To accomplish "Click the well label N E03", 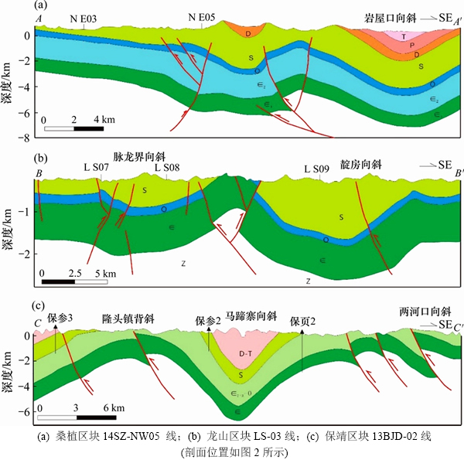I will pyautogui.click(x=84, y=16).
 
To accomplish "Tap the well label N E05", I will pyautogui.click(x=204, y=16).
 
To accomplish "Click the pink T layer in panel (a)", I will pyautogui.click(x=403, y=36).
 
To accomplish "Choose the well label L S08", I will pyautogui.click(x=167, y=167).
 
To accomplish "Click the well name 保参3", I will pyautogui.click(x=60, y=318).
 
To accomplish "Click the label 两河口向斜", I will pyautogui.click(x=424, y=311).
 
